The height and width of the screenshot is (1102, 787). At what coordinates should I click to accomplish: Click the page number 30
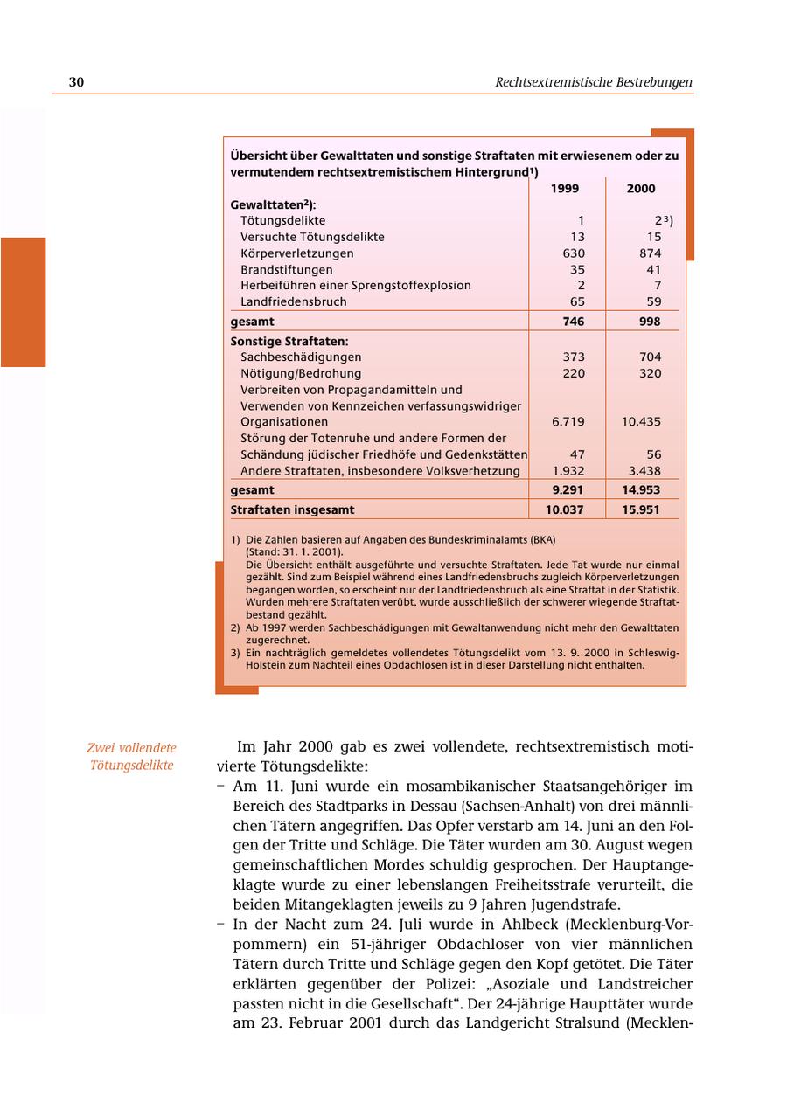76,82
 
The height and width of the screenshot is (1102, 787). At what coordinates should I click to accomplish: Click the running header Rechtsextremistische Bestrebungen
593,82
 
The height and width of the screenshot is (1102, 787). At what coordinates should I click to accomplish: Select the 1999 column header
565,188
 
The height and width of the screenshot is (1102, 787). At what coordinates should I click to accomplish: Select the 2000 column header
641,188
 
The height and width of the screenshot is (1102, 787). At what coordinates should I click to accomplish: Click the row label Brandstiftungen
286,269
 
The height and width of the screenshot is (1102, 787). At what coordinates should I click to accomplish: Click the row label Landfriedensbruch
293,301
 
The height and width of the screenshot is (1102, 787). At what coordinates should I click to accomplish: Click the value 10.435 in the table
641,421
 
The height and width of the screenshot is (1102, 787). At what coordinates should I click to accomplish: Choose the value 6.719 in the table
568,421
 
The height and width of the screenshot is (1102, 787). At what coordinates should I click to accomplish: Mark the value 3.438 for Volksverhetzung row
644,471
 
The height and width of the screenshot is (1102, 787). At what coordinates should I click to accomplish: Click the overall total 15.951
641,509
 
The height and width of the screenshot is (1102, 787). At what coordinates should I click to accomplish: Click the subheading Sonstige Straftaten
289,341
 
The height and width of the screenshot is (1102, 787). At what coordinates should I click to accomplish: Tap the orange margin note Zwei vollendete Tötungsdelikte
131,757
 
